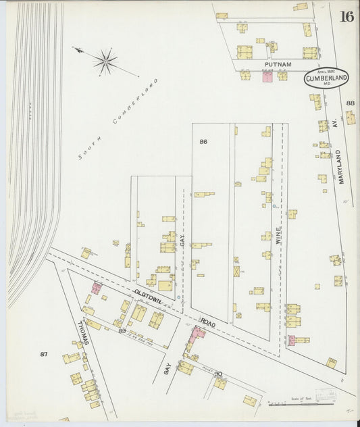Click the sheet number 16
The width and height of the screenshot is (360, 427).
pyautogui.click(x=346, y=16)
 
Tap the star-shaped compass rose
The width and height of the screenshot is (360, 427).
pyautogui.click(x=105, y=61)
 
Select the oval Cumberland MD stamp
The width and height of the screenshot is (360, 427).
pyautogui.click(x=327, y=78)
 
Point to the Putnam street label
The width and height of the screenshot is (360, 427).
pyautogui.click(x=278, y=64)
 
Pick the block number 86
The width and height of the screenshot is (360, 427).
pyautogui.click(x=203, y=141)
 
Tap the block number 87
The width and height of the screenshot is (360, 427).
pyautogui.click(x=45, y=354)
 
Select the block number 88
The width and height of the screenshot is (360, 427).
pyautogui.click(x=350, y=103)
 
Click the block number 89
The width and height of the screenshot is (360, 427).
pyautogui.click(x=122, y=330)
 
